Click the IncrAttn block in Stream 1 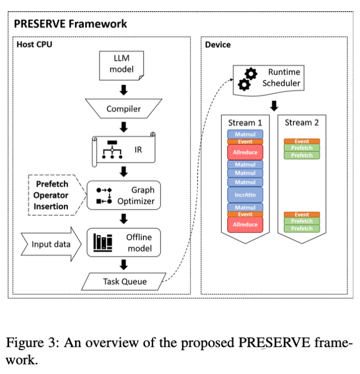pos(245,194)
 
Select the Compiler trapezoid pos(123,109)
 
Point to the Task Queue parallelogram pos(124,281)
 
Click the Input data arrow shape pos(49,244)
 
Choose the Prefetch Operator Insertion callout pos(51,195)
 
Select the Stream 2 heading pos(302,122)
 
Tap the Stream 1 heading pos(245,122)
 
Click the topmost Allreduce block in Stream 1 pos(245,152)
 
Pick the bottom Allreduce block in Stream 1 pos(245,225)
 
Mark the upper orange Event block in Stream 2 pos(302,141)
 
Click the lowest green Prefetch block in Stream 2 pos(302,229)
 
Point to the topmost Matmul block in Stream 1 pos(245,134)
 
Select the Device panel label pos(218,44)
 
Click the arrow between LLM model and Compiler pos(123,91)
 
